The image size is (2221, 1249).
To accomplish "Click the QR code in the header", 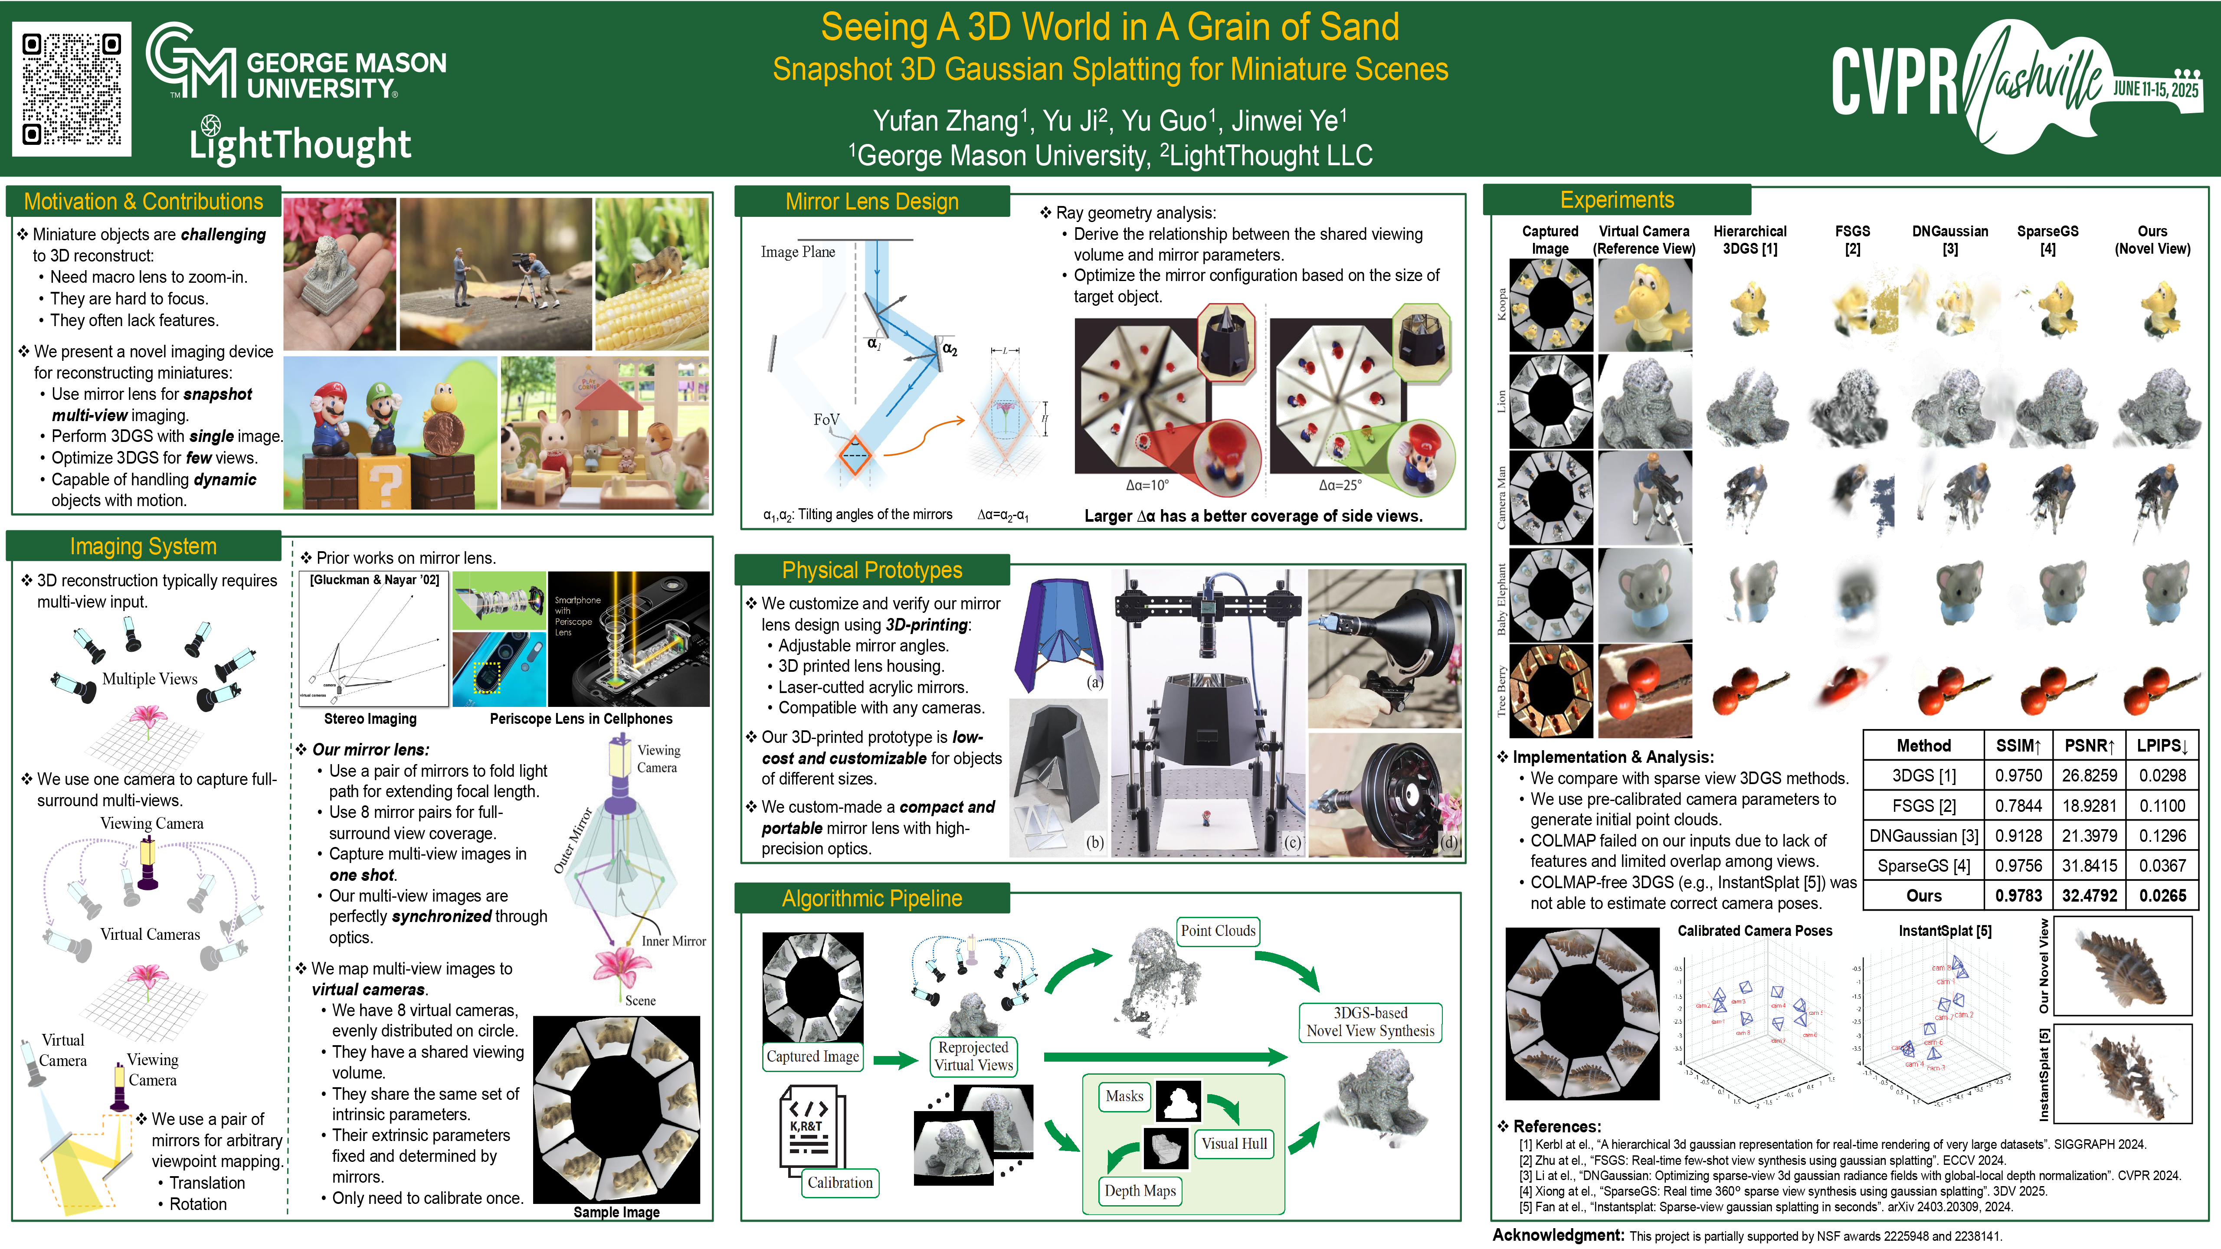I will click(x=72, y=89).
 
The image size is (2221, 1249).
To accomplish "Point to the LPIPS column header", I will click(x=2162, y=745).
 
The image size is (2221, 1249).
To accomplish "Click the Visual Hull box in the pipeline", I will click(x=1234, y=1144).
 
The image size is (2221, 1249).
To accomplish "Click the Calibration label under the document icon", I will click(x=840, y=1183).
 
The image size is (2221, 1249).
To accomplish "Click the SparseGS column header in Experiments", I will click(x=2047, y=240).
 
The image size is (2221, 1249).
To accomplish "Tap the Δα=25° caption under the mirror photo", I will click(x=1340, y=485).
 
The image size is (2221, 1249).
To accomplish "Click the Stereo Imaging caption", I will click(x=370, y=719).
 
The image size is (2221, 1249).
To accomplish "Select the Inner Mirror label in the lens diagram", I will click(x=673, y=941).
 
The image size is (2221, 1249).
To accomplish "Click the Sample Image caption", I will click(x=616, y=1212).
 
